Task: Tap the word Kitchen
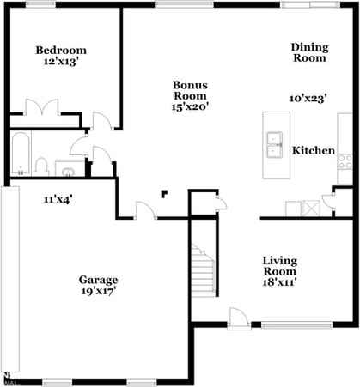point(314,150)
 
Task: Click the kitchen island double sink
point(276,145)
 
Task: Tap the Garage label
point(98,280)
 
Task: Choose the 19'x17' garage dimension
point(98,291)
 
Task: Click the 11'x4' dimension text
point(58,199)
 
